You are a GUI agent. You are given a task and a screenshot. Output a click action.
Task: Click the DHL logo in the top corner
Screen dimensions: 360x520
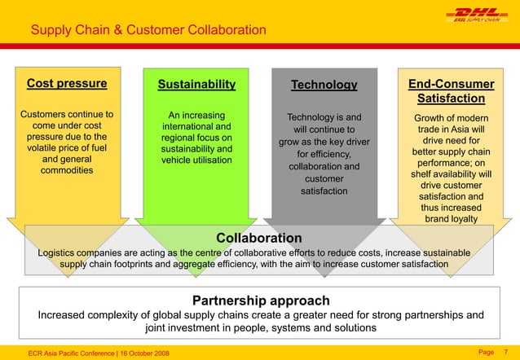pos(469,16)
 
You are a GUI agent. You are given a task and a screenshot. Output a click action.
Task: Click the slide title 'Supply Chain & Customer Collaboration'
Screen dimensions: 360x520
pos(148,30)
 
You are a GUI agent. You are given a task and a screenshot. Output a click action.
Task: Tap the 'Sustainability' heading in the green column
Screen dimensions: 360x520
pos(196,84)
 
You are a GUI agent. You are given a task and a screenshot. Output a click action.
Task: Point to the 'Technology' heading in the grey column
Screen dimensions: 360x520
pos(324,85)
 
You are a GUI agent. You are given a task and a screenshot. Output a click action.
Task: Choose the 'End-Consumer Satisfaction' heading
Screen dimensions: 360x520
pos(451,91)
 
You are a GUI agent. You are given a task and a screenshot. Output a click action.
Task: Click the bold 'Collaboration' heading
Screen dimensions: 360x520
pos(258,238)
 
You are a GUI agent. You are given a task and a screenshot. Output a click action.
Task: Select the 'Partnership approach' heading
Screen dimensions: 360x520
pos(260,301)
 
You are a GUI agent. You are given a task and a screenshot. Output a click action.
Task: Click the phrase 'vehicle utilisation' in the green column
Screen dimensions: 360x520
pos(196,161)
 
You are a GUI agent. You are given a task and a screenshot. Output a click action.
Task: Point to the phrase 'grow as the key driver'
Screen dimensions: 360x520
pos(324,142)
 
